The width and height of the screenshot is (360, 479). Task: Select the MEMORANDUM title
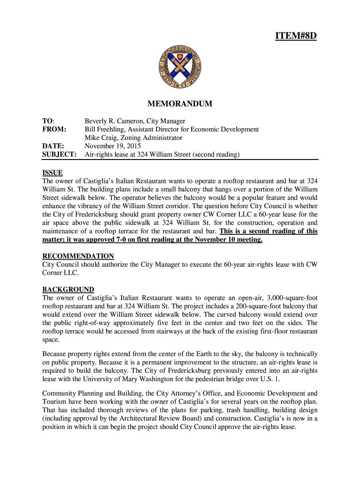pos(180,103)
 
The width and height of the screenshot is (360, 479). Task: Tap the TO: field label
pos(48,121)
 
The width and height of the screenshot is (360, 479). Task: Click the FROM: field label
pos(54,129)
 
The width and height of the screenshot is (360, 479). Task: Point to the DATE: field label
pos(53,146)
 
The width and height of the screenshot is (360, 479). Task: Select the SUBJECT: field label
pos(59,154)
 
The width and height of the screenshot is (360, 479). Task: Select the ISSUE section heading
pos(52,173)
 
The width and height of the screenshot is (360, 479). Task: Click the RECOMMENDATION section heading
pos(78,256)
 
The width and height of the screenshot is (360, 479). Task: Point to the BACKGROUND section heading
pos(68,290)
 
